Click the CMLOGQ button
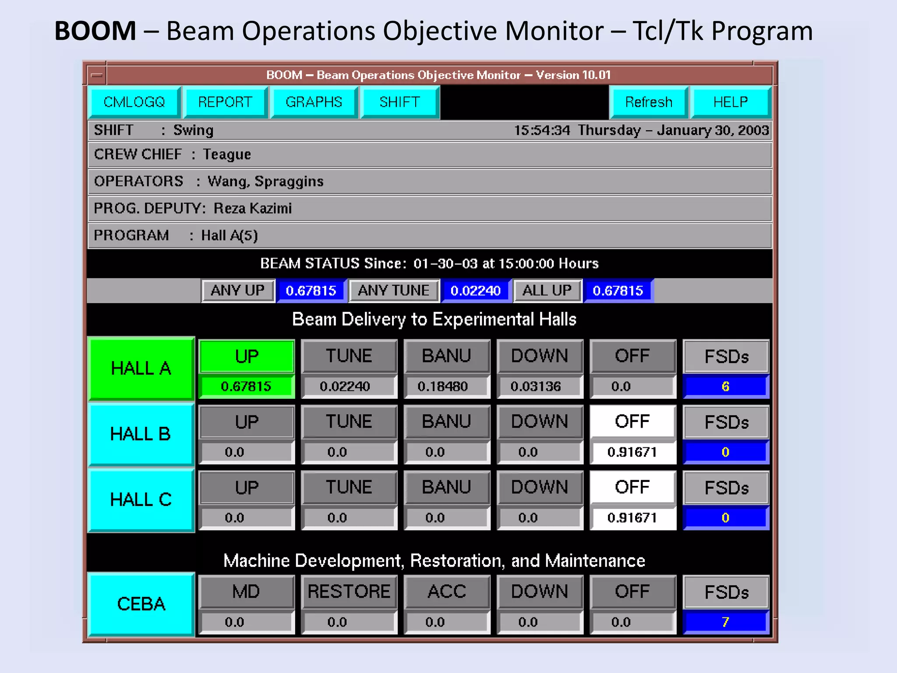134,102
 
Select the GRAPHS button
314,102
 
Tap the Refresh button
648,102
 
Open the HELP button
730,102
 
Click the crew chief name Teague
227,155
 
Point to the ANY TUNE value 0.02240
475,290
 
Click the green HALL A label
141,368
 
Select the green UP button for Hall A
247,356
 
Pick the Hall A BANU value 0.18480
442,386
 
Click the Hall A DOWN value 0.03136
536,386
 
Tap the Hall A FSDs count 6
725,386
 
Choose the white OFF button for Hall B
632,422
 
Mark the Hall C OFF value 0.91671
632,518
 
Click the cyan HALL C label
141,500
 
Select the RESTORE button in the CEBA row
349,592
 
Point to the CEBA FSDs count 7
725,622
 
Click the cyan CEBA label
141,604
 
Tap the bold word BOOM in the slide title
95,31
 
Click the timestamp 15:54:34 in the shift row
542,131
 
